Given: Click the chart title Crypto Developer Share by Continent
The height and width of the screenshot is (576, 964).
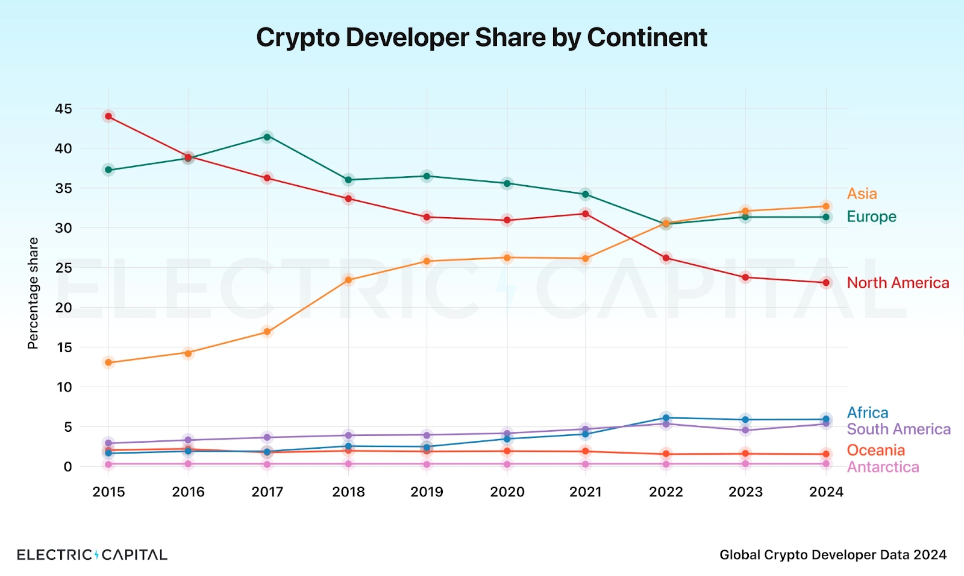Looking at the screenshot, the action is [481, 37].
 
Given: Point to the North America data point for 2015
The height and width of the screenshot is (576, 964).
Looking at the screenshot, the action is [108, 116].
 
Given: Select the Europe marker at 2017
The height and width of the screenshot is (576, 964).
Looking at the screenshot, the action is [268, 137].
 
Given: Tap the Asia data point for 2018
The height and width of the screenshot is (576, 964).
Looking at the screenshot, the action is [349, 280].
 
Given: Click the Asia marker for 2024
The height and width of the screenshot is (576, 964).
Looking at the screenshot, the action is [826, 206].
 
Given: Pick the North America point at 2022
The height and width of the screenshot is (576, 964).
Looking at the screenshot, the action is [666, 258].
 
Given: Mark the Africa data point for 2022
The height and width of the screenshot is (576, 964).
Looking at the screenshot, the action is [666, 418].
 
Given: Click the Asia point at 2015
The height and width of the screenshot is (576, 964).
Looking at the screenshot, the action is [108, 362].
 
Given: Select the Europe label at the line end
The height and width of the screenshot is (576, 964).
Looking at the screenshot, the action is [871, 217].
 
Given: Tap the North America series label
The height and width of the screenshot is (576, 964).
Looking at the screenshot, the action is [898, 283].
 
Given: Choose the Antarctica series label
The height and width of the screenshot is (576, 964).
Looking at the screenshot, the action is [883, 467].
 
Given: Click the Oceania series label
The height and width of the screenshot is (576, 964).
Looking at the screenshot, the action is [876, 450].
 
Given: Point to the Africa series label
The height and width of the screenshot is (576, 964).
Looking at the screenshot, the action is [868, 413].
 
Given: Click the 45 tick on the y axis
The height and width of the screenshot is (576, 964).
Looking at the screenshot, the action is [63, 109].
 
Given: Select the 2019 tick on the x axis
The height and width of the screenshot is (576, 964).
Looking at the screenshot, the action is [427, 492].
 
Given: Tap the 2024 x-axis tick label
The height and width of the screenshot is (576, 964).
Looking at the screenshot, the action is [826, 492].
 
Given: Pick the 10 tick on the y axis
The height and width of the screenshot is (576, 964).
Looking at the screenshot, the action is [64, 387].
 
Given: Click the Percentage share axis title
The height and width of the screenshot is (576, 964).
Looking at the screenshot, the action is [33, 293].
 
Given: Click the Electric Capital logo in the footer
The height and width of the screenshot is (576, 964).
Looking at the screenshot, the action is [92, 554].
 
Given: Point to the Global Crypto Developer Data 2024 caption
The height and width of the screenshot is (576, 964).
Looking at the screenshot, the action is [833, 555].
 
